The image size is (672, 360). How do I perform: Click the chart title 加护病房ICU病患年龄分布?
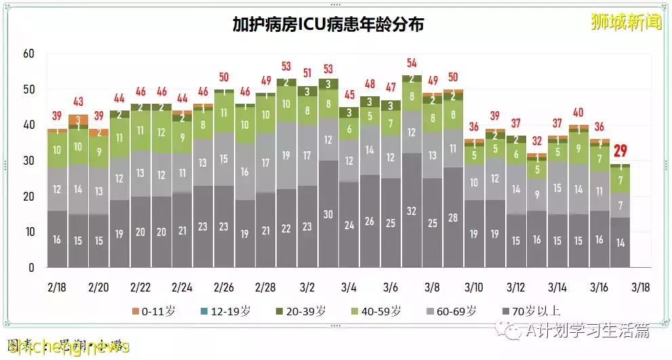pos(328,25)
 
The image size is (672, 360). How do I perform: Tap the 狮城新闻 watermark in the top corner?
pos(625,22)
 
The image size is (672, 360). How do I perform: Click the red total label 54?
pos(411,63)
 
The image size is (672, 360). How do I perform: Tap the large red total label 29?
pos(620,151)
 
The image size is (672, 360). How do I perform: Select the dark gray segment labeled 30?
pos(328,214)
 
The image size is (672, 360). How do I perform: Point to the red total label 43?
pos(78,102)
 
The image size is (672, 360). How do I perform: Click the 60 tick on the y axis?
pos(28,54)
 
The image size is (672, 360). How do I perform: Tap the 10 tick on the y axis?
pos(28,232)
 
